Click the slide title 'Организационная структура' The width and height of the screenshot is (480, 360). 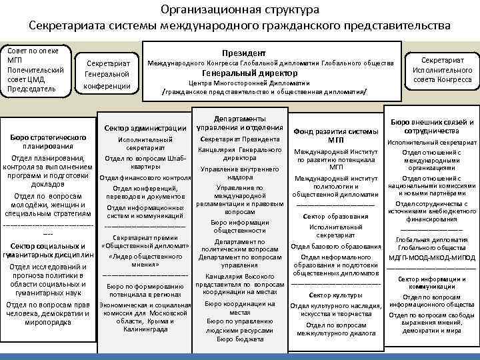point(239,10)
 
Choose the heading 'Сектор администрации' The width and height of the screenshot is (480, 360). point(145,127)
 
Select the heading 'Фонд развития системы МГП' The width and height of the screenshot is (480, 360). point(335,135)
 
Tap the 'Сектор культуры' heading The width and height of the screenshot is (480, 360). point(335,295)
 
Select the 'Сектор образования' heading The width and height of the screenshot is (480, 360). point(335,217)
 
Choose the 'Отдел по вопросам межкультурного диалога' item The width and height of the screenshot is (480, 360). point(335,329)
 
